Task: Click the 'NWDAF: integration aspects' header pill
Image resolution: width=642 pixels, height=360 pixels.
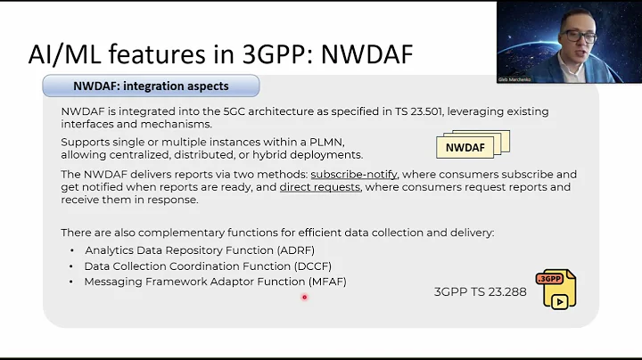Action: click(x=151, y=86)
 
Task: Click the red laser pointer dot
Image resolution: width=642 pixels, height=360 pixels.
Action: click(x=304, y=298)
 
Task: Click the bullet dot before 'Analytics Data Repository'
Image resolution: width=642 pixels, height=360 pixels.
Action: click(x=72, y=250)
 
